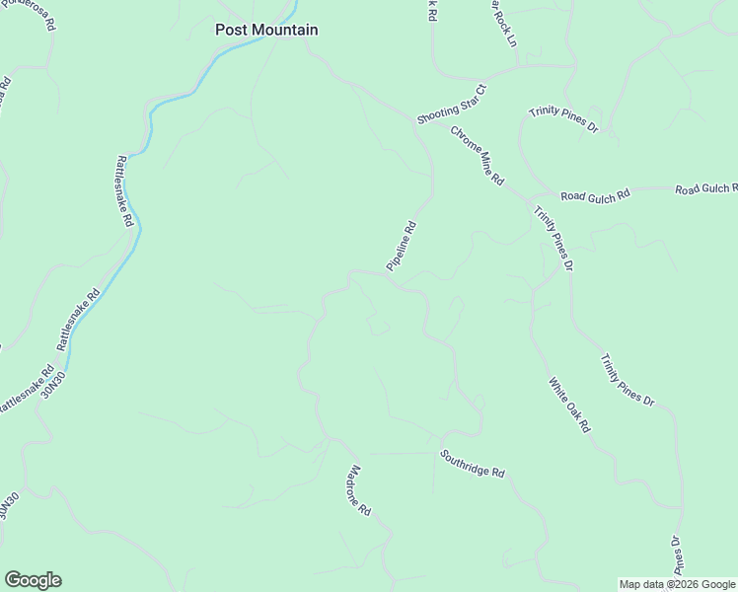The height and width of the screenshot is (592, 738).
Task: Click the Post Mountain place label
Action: click(x=266, y=30)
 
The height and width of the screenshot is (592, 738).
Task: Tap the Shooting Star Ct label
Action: click(x=452, y=104)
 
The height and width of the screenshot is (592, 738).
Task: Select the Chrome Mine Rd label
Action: click(x=478, y=156)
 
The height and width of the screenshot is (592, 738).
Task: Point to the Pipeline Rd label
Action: click(x=402, y=247)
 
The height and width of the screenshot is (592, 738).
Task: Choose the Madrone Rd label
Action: click(x=359, y=491)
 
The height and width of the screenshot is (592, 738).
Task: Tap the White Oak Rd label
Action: click(x=569, y=406)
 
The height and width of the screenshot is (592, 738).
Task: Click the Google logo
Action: click(x=33, y=580)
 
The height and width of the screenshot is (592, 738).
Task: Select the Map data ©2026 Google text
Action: click(x=677, y=584)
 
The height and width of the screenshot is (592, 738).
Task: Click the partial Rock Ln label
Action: click(x=503, y=22)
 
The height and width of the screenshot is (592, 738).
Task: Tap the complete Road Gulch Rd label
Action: click(x=595, y=197)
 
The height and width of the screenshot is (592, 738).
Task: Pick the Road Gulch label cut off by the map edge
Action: click(x=705, y=187)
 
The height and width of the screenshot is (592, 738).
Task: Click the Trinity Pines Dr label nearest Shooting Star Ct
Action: click(x=563, y=119)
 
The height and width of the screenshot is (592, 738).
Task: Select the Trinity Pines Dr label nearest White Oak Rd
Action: click(x=627, y=380)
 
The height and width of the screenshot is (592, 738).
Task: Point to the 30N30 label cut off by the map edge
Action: click(x=8, y=505)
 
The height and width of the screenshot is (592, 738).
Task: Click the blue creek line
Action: click(x=148, y=118)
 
